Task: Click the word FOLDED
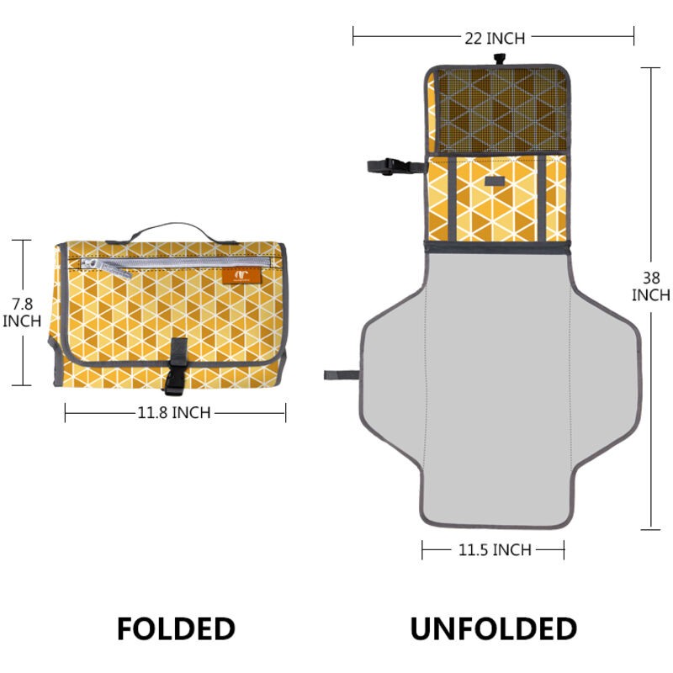click(176, 628)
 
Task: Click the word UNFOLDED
click(494, 628)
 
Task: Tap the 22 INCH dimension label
click(495, 39)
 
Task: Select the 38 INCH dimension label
click(650, 286)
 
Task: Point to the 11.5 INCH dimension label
click(495, 550)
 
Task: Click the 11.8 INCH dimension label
click(174, 413)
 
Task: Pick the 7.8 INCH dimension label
click(22, 312)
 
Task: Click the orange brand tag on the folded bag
click(241, 276)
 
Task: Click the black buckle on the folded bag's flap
click(176, 366)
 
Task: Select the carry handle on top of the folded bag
click(172, 233)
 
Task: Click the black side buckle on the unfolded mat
click(395, 167)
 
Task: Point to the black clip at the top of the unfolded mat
click(499, 59)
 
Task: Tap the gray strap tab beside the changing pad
click(342, 375)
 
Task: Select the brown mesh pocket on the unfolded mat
click(501, 110)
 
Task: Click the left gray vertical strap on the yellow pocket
click(452, 199)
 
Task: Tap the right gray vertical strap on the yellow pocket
click(542, 199)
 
